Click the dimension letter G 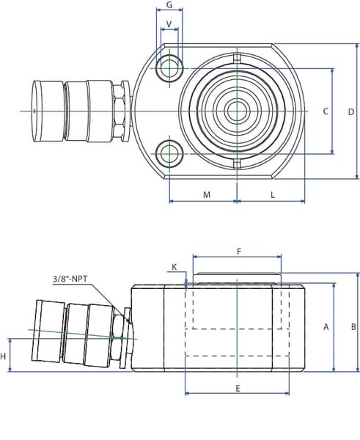169,5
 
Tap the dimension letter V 169,24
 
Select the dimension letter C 326,111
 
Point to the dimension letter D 351,112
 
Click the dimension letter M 207,194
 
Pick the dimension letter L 273,194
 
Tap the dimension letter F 239,252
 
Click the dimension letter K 175,267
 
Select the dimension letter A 326,326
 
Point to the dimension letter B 353,326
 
